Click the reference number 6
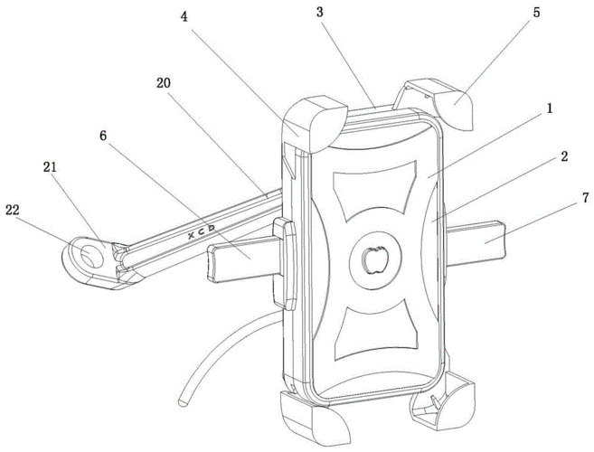(105, 135)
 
